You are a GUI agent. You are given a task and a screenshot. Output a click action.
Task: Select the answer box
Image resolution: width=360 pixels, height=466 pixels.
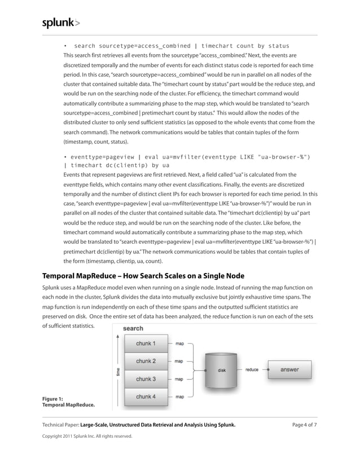tap(290, 370)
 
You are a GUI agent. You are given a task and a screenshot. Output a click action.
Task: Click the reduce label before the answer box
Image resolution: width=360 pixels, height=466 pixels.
tap(252, 370)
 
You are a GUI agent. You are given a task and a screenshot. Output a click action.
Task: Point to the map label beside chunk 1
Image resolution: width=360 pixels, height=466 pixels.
tap(179, 342)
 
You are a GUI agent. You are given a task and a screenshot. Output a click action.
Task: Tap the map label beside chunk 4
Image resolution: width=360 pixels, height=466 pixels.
tap(179, 397)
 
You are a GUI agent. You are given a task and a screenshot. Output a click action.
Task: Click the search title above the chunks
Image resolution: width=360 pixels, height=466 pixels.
tap(133, 328)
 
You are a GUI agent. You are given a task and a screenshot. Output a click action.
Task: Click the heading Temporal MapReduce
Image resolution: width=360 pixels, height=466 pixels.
tap(143, 276)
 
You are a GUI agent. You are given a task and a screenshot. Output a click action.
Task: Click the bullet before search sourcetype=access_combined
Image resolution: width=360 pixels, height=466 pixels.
tap(65, 46)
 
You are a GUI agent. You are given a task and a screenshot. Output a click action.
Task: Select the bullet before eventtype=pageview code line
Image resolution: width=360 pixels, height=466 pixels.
tap(65, 156)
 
